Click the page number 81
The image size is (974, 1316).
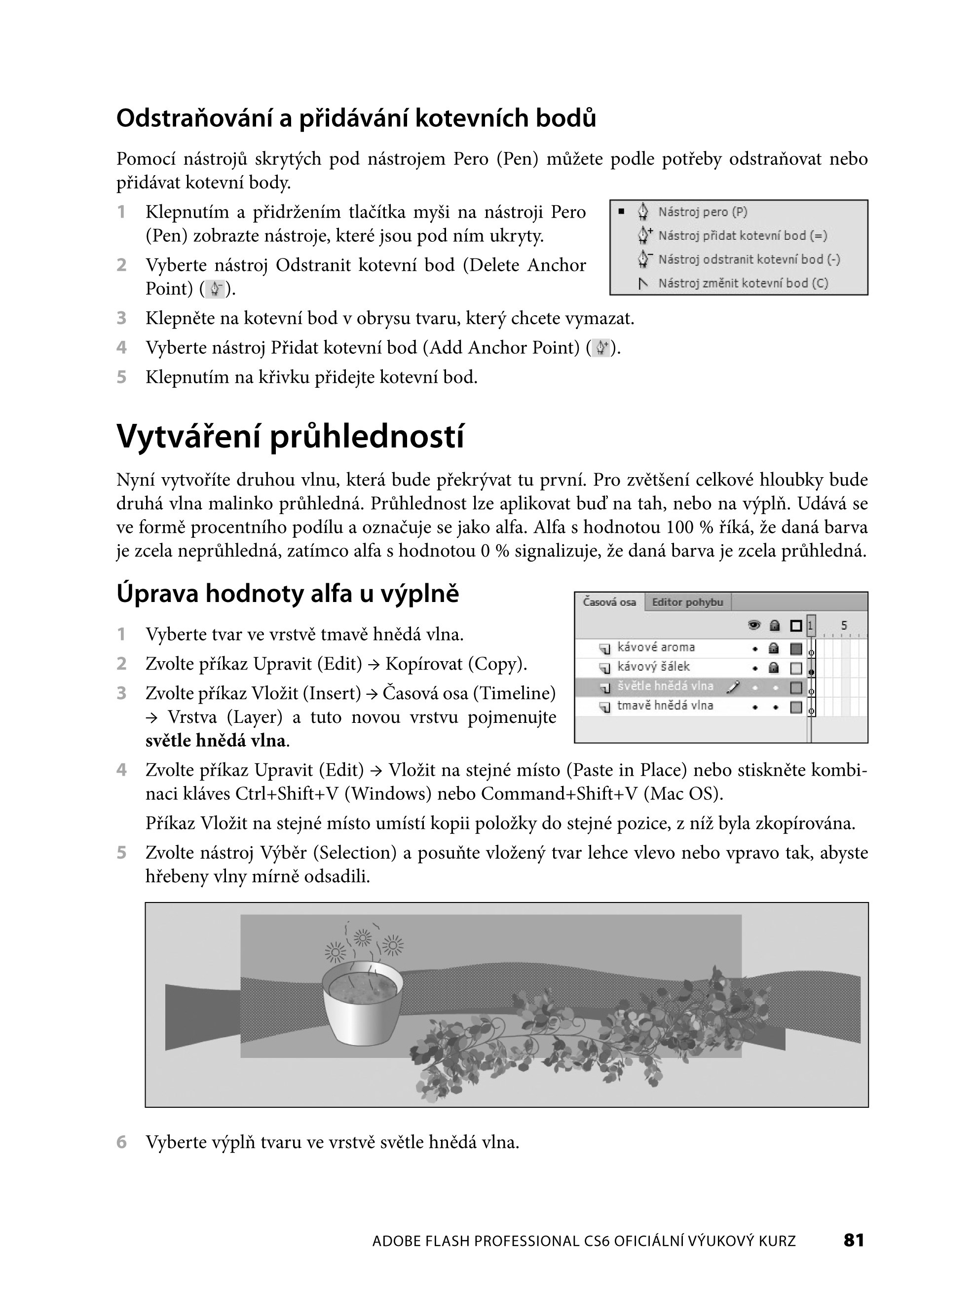pos(853,1240)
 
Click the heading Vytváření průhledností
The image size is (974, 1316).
pos(290,437)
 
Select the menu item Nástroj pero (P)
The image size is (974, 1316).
pos(702,212)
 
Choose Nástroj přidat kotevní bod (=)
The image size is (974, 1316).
pos(742,236)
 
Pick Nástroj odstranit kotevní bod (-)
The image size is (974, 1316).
pos(749,260)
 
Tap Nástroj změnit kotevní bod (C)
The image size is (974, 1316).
pos(743,284)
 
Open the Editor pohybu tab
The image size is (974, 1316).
pos(687,602)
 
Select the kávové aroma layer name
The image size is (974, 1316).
pos(656,647)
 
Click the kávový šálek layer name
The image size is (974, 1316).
pos(653,667)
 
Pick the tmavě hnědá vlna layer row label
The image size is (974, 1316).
pos(665,706)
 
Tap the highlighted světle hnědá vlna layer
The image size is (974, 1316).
pos(665,686)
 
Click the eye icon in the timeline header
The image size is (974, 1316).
pos(754,626)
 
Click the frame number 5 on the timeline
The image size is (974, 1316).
pos(844,626)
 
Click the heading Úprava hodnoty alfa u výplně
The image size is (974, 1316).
pos(287,594)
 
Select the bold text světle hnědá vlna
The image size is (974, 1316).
pos(215,741)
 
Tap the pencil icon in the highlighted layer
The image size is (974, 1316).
pos(733,687)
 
